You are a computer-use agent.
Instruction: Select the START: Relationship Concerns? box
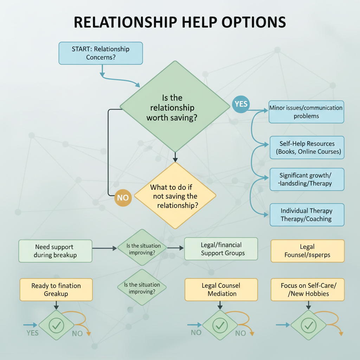coord(101,53)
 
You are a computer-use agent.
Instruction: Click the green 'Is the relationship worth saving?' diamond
coord(174,106)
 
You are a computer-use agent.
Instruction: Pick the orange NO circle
coord(123,198)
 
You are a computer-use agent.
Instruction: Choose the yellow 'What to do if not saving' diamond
coord(175,195)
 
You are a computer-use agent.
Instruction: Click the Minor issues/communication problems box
coord(306,112)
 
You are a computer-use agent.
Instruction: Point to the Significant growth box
coord(307,179)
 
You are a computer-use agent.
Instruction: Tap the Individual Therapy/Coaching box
coord(307,215)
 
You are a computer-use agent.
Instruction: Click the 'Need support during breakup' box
coord(55,251)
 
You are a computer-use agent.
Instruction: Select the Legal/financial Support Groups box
coord(221,249)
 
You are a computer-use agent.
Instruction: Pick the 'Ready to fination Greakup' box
coord(56,290)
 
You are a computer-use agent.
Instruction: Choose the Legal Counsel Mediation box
coord(221,290)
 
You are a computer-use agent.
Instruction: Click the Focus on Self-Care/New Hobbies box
coord(308,290)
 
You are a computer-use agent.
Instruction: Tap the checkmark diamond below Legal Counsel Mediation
coord(220,326)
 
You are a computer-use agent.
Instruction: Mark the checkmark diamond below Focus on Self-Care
coord(308,326)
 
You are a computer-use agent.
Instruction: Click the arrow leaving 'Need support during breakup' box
coord(104,249)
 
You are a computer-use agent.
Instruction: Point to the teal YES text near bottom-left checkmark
coord(33,333)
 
